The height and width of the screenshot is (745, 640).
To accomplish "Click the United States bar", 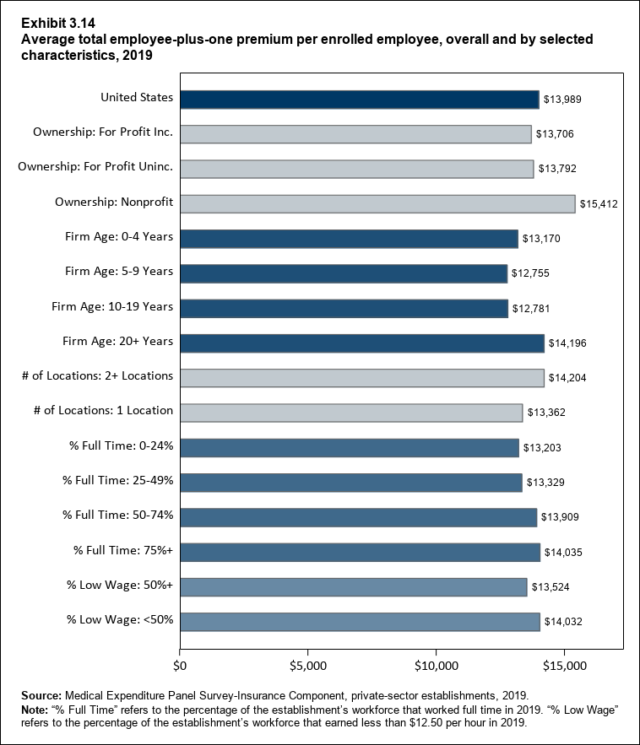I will point(359,99).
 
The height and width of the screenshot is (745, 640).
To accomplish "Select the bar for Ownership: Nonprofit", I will point(377,203).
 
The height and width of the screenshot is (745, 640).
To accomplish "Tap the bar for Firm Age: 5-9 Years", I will point(343,273).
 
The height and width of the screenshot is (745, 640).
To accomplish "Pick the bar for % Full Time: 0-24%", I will point(349,447).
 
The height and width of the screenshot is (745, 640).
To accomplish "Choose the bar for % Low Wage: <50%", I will point(360,622).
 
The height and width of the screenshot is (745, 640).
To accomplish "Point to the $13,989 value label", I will point(562,100).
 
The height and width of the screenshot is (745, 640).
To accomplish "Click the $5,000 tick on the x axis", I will point(308,667).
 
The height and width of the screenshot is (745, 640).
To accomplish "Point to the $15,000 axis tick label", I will point(565,667).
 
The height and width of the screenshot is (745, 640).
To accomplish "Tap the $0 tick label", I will point(179,667).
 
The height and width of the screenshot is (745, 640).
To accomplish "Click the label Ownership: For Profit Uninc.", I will point(95,166).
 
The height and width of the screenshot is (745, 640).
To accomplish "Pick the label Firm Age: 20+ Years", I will point(118,341).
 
